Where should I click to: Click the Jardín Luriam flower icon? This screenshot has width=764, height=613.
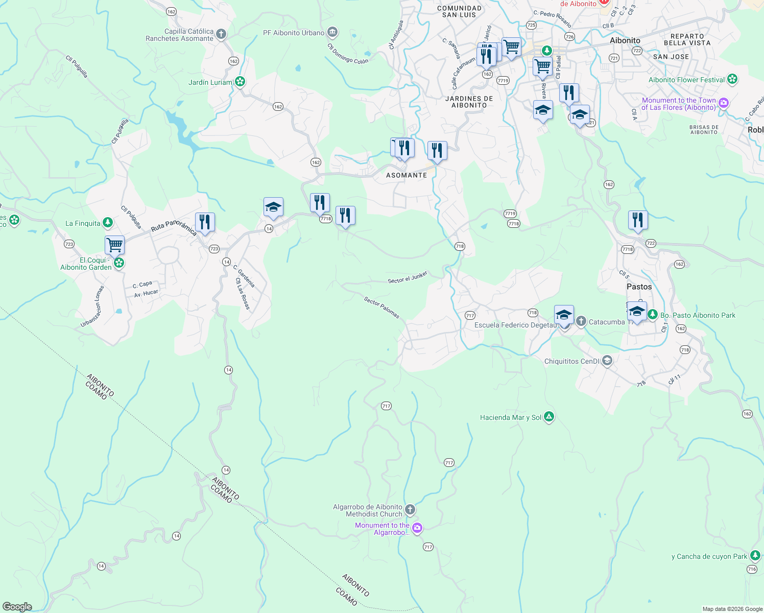[240, 82]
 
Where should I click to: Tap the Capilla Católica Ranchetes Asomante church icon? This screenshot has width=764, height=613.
[221, 35]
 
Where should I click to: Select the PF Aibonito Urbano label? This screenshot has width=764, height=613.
[294, 33]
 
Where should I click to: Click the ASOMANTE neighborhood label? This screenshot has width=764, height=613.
[407, 175]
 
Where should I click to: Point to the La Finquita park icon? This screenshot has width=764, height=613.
[107, 222]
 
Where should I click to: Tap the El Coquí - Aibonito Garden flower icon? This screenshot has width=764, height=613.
[119, 263]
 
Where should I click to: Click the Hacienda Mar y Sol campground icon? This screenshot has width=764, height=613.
[549, 417]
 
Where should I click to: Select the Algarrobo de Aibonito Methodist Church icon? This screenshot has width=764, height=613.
[410, 510]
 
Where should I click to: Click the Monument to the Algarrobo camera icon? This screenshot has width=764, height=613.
[417, 528]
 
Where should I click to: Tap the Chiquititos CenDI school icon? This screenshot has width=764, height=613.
[607, 361]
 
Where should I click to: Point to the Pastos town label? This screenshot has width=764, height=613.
[639, 287]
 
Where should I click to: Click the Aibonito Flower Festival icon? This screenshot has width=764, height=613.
[732, 79]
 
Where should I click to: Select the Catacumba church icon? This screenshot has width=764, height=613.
[581, 321]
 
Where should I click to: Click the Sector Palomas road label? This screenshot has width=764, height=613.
[381, 308]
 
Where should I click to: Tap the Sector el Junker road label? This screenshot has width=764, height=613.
[408, 278]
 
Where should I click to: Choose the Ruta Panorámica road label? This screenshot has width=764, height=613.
[174, 226]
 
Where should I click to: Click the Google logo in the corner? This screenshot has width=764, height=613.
[17, 607]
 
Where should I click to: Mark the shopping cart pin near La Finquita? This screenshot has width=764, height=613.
[115, 245]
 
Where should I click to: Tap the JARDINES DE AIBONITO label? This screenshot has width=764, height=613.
[469, 102]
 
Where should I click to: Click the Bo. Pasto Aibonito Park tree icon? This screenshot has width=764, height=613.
[653, 315]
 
